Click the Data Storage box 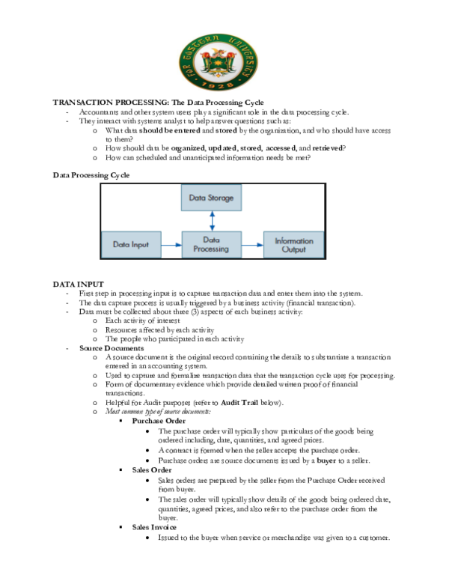coord(212,198)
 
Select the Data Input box coord(131,245)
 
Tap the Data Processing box coord(212,245)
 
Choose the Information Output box coord(294,245)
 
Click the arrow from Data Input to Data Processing coord(171,245)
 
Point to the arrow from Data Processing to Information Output coord(253,245)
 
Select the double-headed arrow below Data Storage coord(213,221)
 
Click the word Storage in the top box coord(222,198)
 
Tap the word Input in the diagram coord(140,245)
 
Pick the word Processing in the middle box coord(211,249)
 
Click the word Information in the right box coord(294,241)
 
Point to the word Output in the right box coord(294,249)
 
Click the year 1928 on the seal coord(218,85)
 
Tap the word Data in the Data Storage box coord(197,198)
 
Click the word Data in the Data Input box coord(121,245)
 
